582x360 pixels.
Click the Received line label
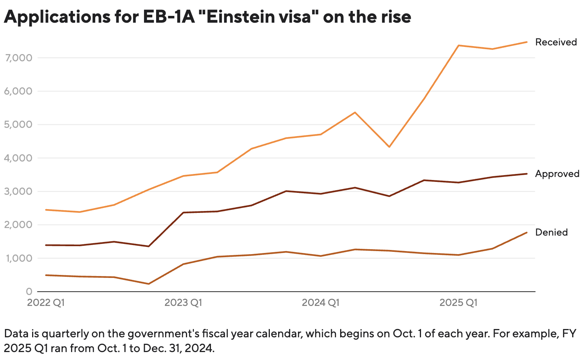(x=556, y=42)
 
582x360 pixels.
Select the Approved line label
(x=557, y=174)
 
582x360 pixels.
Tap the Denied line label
(x=551, y=232)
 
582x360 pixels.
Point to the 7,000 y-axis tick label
(x=19, y=58)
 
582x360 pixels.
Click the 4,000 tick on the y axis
(x=19, y=158)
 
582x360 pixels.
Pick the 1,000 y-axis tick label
(x=19, y=258)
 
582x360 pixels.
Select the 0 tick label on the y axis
(x=29, y=292)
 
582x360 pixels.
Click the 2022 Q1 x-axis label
(x=46, y=303)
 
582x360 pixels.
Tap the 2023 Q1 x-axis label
(x=183, y=303)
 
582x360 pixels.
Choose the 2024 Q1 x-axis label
(x=320, y=303)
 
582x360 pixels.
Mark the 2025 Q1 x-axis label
(x=458, y=303)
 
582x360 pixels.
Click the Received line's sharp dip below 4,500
(x=389, y=147)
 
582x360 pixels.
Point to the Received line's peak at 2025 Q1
(x=458, y=45)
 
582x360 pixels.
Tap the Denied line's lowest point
(x=149, y=284)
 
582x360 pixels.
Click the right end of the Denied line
(x=527, y=233)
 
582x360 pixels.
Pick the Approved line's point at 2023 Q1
(x=183, y=213)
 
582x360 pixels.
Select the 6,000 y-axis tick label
(x=19, y=91)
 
